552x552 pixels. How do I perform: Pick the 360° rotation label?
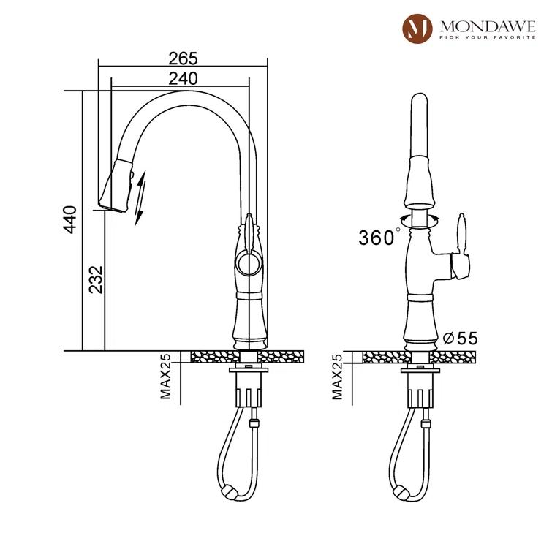379,237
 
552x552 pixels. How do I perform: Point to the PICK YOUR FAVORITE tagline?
486,38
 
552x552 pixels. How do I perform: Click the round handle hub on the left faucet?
246,261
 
